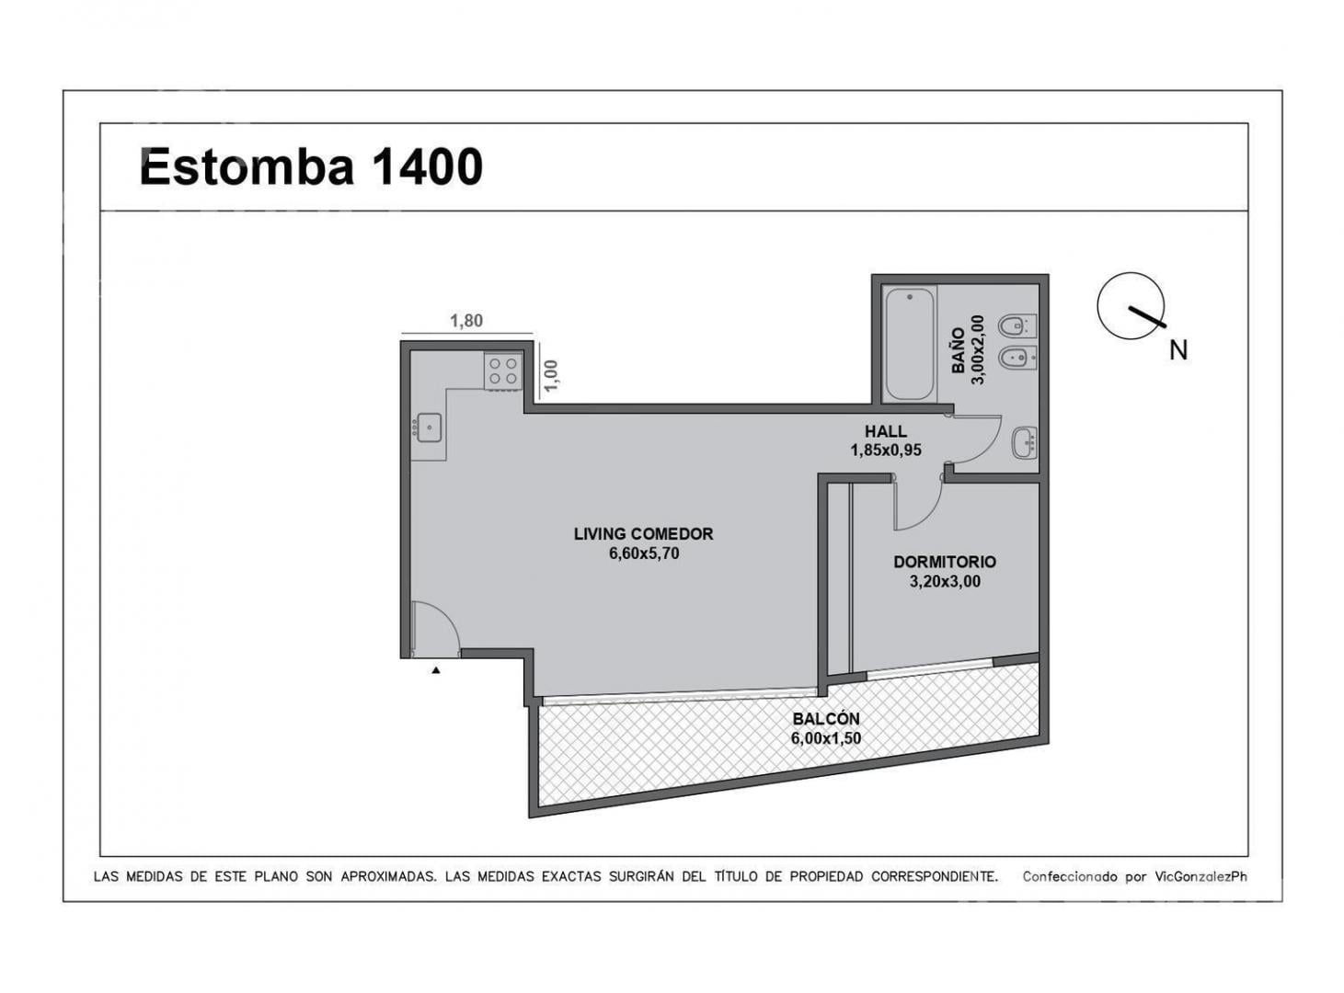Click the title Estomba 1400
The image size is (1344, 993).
311,166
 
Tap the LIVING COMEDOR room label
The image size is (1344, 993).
644,534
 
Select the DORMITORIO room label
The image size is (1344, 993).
945,562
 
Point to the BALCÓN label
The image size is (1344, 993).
826,719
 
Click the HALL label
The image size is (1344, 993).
885,431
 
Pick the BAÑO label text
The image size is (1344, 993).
958,350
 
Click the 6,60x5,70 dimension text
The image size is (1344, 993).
644,554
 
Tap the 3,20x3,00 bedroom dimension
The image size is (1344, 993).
945,582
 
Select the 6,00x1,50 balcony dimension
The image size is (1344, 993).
826,738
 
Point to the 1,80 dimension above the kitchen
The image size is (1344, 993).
466,321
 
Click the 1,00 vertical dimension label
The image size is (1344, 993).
551,376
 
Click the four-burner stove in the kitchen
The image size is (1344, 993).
503,371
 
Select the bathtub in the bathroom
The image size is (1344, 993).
909,344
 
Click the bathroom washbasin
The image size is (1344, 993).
1025,443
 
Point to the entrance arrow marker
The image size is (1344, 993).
435,670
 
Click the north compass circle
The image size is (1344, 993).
1131,305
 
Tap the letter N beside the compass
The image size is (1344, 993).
1178,350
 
